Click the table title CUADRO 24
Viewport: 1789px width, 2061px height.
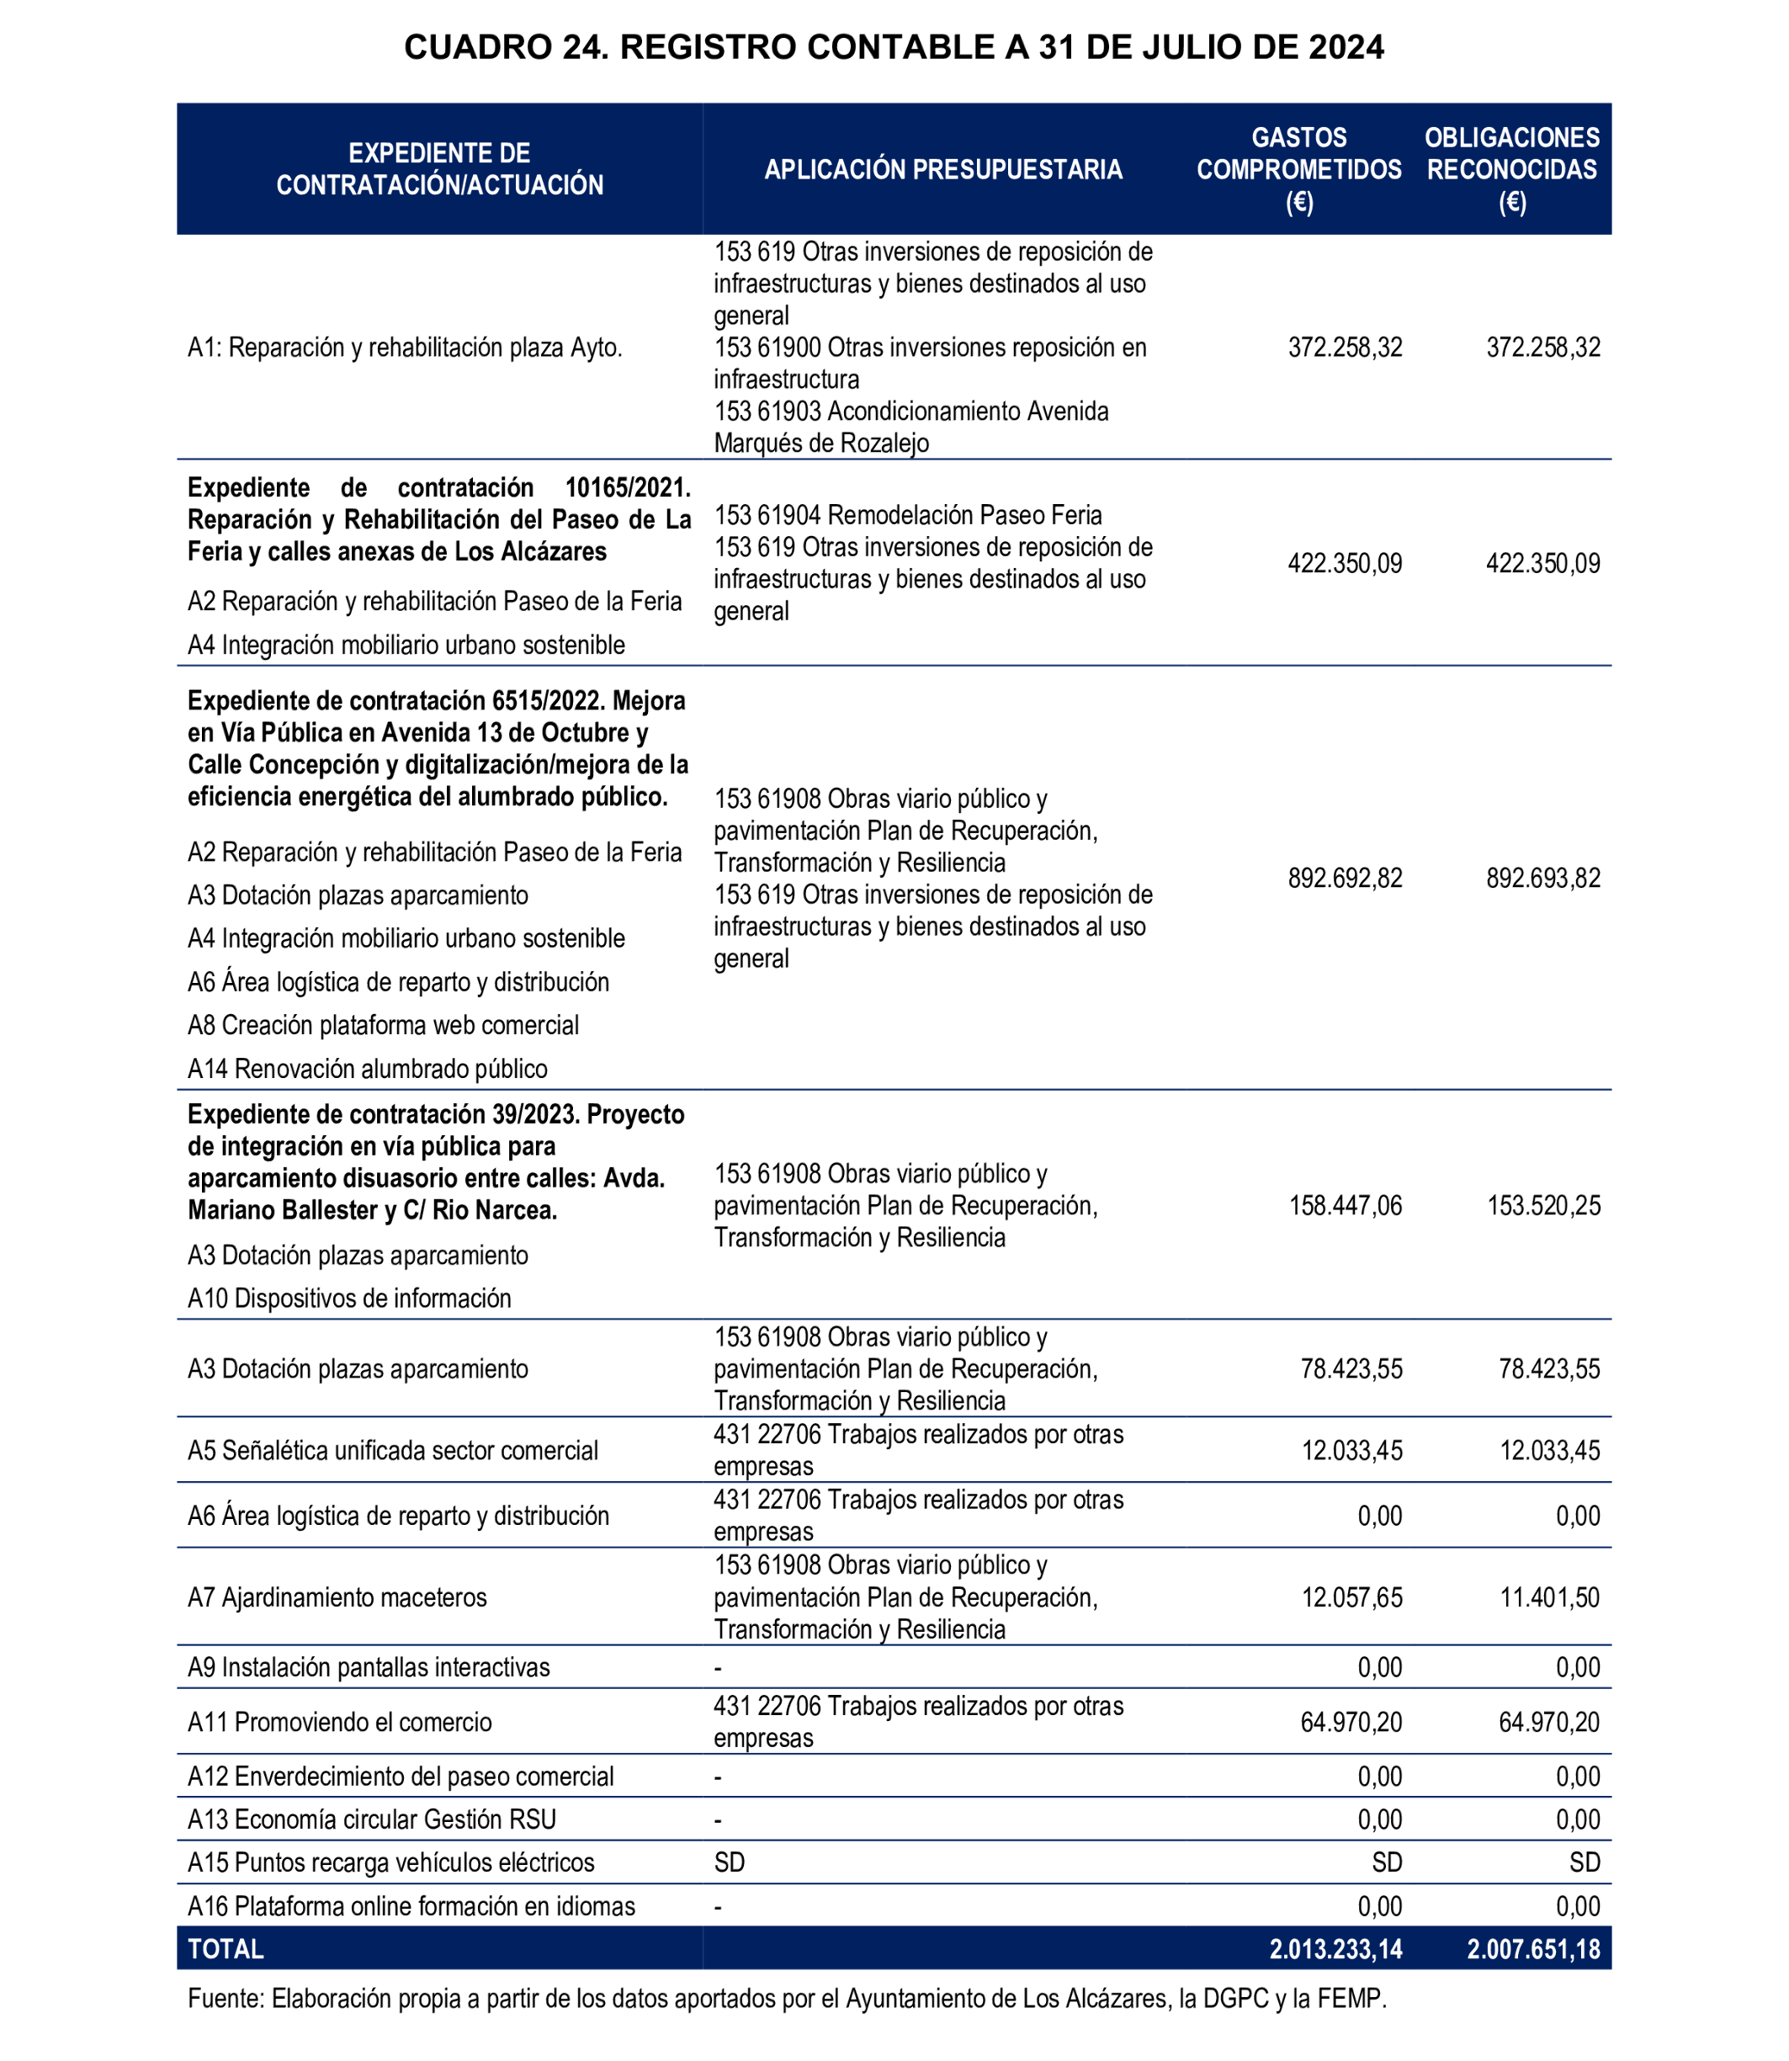click(x=894, y=47)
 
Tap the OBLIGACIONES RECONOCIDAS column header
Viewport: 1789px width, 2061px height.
click(x=1511, y=169)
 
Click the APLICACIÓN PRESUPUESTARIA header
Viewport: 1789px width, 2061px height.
click(x=942, y=170)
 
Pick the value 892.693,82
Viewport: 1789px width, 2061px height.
click(x=1542, y=878)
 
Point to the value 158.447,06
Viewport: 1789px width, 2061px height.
click(x=1345, y=1205)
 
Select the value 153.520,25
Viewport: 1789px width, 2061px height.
click(x=1542, y=1205)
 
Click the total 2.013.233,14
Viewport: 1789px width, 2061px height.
click(x=1335, y=1948)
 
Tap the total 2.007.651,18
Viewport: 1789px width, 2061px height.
click(x=1532, y=1948)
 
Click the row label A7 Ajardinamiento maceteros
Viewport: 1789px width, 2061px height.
click(x=337, y=1596)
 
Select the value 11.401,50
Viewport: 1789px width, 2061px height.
click(x=1548, y=1596)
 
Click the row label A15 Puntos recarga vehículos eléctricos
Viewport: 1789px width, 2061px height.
click(x=390, y=1862)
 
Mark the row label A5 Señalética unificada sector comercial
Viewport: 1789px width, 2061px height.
click(x=392, y=1450)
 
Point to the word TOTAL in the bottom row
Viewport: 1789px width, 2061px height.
click(x=226, y=1948)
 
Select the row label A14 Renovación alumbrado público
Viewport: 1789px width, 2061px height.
click(x=368, y=1069)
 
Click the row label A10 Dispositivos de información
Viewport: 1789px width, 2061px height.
click(x=349, y=1298)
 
